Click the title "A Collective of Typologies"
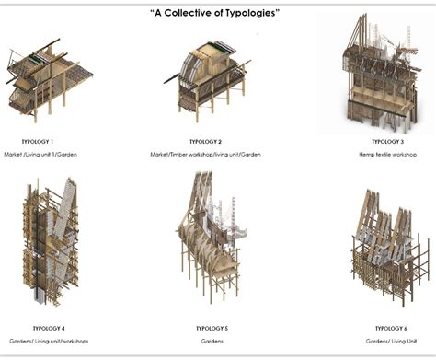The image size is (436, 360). coord(214,13)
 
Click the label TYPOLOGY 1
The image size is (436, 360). coord(37,142)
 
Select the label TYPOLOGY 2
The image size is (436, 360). coord(205,142)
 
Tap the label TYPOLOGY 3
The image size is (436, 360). coord(387,142)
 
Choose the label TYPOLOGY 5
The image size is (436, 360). coord(212,328)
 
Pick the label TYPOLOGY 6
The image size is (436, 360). coord(391,328)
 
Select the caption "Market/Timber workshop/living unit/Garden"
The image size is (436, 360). coord(206,155)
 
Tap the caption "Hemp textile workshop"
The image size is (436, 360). coord(388,155)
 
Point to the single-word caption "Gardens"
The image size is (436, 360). coord(212,341)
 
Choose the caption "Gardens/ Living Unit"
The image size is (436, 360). coord(391,341)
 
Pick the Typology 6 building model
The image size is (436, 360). coord(386,244)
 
